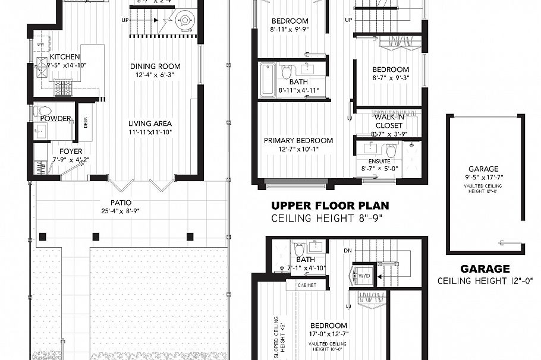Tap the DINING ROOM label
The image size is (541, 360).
tap(155, 66)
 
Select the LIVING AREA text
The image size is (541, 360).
tap(150, 124)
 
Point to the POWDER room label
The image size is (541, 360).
tap(55, 118)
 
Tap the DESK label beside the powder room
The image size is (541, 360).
tap(86, 123)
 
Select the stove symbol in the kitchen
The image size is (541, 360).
tap(63, 89)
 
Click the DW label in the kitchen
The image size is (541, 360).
tap(40, 45)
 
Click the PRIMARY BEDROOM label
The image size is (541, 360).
tap(298, 141)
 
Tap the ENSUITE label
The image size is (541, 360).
tap(380, 161)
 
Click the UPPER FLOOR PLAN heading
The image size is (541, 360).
tap(330, 206)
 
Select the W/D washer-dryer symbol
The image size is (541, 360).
tap(362, 275)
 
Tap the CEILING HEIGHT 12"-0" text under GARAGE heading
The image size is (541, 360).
tap(485, 280)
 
